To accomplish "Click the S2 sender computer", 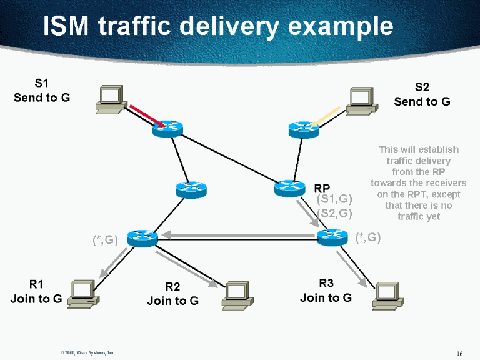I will (x=362, y=100).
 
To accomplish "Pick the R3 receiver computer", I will (x=386, y=296).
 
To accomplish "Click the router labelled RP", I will (x=290, y=187).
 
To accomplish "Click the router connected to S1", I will (x=167, y=129).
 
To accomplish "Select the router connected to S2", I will (x=304, y=129).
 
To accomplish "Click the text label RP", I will (x=322, y=188).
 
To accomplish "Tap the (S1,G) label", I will (x=335, y=200).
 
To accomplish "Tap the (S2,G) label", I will (x=335, y=213).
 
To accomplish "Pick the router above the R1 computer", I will (x=142, y=237).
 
